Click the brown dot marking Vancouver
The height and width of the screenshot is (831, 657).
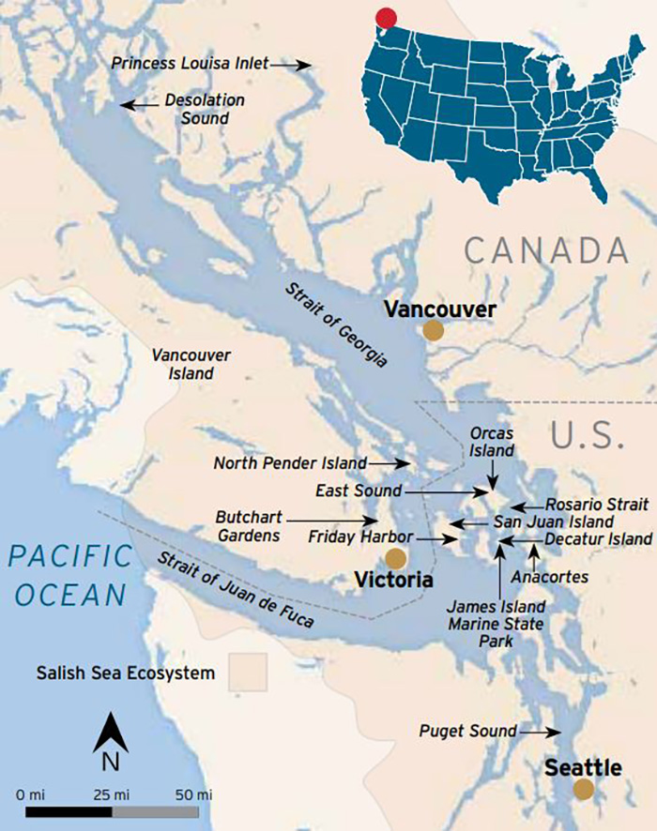point(433,330)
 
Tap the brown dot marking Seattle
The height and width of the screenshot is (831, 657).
point(584,789)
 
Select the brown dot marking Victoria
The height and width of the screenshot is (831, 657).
point(396,559)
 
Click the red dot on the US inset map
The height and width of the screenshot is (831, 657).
point(384,19)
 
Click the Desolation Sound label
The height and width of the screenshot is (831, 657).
point(205,109)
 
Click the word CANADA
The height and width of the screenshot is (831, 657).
point(545,250)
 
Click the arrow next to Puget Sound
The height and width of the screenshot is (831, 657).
point(541,731)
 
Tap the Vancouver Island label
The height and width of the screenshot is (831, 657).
point(191,364)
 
